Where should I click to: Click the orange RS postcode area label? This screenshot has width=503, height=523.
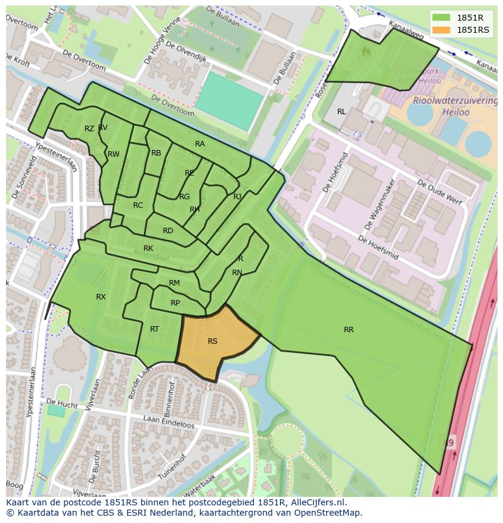coord(212,341)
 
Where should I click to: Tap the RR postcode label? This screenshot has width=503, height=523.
coord(349,330)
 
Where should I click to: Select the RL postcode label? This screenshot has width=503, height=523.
coord(341,112)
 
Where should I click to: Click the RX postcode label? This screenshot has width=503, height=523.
coord(101,297)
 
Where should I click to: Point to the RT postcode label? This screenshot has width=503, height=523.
coord(154,329)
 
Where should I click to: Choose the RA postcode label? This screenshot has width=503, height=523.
coord(200,144)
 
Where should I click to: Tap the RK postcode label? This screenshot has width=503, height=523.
coord(148,248)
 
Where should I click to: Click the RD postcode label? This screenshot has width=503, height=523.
coord(168,231)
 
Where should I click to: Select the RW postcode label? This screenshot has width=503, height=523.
coord(114,154)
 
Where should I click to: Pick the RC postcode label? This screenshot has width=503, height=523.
coord(138,205)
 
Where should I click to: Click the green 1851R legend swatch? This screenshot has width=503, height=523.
coord(442,18)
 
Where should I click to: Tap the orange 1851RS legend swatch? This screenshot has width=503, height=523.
coord(442,30)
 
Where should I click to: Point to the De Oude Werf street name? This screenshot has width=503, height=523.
coord(438,190)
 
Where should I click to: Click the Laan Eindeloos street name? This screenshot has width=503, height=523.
coord(168,419)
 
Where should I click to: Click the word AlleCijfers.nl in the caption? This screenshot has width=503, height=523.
coord(317,502)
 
